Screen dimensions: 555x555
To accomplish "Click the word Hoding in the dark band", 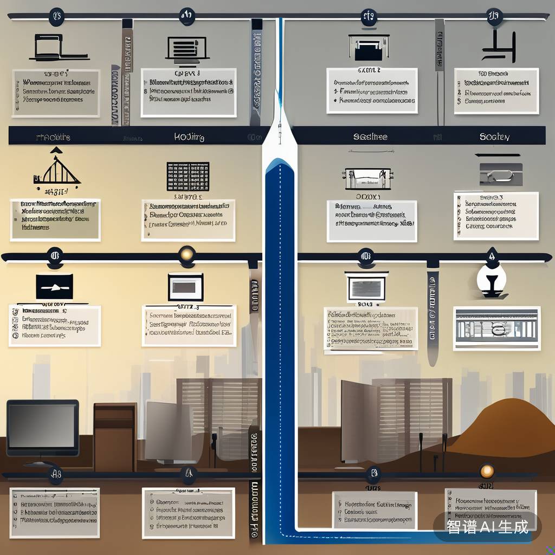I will click(189, 137).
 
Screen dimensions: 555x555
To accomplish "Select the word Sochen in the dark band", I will click(494, 137).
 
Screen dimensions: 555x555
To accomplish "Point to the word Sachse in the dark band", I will click(370, 137).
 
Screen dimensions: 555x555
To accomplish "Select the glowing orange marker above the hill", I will click(487, 470).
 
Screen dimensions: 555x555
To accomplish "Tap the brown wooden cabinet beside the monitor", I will click(114, 430).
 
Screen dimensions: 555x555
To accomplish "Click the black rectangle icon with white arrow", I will click(54, 286).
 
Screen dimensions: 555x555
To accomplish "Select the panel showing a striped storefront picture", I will click(497, 328).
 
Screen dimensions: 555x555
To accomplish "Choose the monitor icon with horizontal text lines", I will click(188, 48).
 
